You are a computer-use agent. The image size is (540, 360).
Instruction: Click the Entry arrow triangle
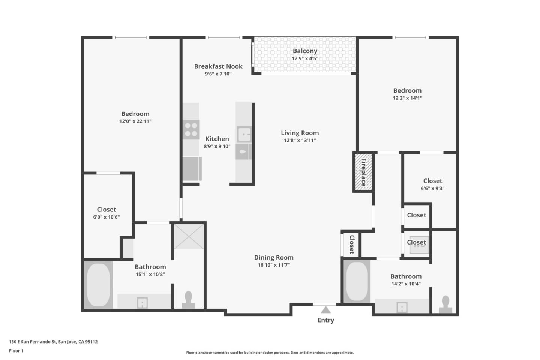pyautogui.click(x=326, y=310)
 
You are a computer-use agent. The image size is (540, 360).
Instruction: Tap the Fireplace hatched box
pyautogui.click(x=363, y=172)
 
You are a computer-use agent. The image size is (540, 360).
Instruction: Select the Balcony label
pyautogui.click(x=305, y=51)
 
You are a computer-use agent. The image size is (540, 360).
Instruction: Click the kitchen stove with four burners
pyautogui.click(x=191, y=130)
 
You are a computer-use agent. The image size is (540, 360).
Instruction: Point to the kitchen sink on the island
pyautogui.click(x=244, y=134)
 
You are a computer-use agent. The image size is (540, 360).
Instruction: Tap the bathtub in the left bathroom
pyautogui.click(x=98, y=285)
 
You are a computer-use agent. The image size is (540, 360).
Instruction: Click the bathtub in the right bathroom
pyautogui.click(x=357, y=282)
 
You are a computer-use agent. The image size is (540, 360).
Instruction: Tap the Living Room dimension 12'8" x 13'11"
pyautogui.click(x=300, y=141)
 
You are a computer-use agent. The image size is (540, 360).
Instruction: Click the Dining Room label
pyautogui.click(x=274, y=257)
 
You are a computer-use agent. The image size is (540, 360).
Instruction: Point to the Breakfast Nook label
pyautogui.click(x=218, y=66)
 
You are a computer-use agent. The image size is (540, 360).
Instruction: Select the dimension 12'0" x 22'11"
pyautogui.click(x=135, y=121)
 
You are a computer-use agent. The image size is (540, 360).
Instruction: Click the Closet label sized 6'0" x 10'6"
pyautogui.click(x=106, y=210)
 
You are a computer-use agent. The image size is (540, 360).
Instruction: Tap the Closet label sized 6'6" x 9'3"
pyautogui.click(x=432, y=181)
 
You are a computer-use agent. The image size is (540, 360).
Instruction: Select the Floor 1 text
pyautogui.click(x=16, y=351)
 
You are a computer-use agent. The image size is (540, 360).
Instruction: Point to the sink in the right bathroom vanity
pyautogui.click(x=402, y=307)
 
